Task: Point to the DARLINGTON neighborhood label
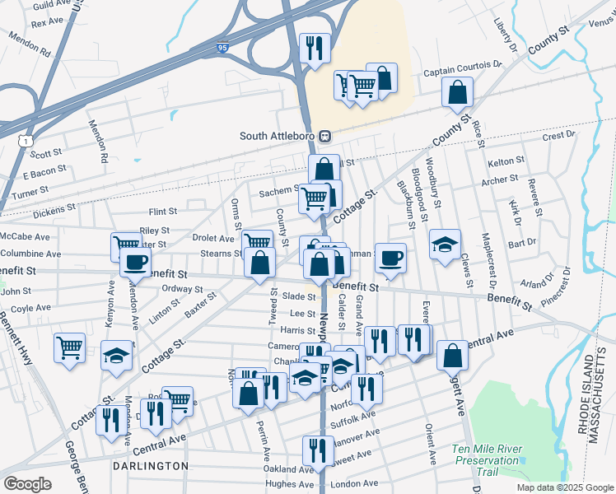point(152,466)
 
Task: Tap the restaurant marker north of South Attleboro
point(314,49)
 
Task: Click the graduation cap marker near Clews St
point(445,245)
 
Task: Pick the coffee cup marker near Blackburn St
point(391,258)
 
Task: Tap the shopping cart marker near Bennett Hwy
point(69,347)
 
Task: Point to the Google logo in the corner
point(27,484)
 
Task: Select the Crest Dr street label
point(558,135)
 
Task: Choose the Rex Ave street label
point(47,23)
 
